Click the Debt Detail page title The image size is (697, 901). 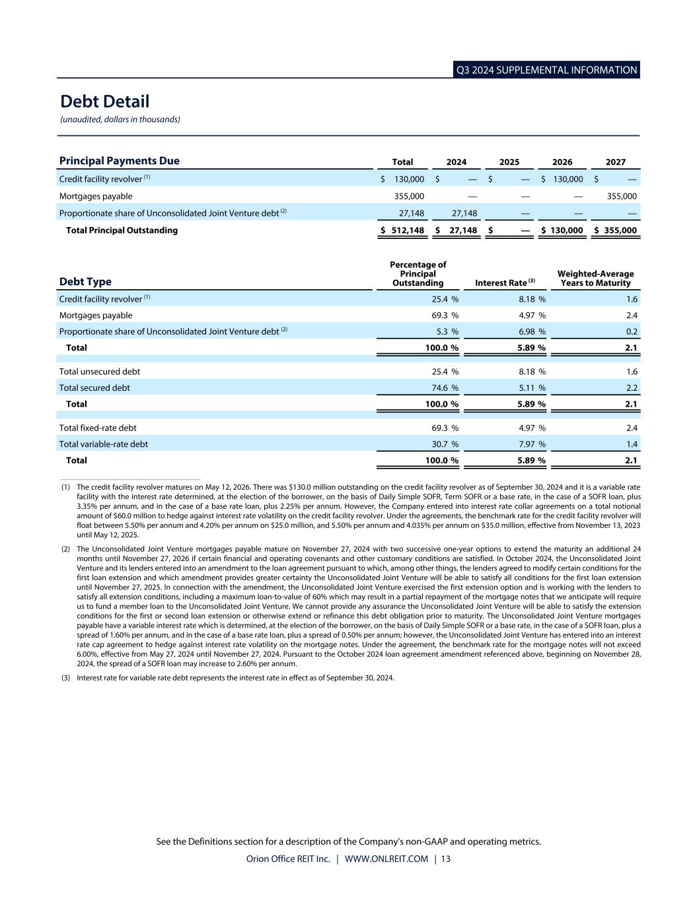click(104, 102)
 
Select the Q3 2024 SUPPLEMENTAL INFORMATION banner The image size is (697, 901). click(546, 70)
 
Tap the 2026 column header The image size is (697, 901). click(562, 162)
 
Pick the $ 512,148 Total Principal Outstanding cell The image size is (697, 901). click(402, 230)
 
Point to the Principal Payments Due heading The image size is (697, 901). click(119, 161)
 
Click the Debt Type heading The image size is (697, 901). click(85, 282)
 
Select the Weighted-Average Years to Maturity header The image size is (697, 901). click(595, 279)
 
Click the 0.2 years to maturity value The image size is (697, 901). click(632, 331)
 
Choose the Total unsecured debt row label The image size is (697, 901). click(99, 372)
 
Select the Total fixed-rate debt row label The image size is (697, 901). click(98, 428)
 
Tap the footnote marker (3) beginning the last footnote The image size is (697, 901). click(66, 677)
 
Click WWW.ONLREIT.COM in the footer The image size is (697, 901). click(386, 859)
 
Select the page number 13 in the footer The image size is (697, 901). click(446, 859)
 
